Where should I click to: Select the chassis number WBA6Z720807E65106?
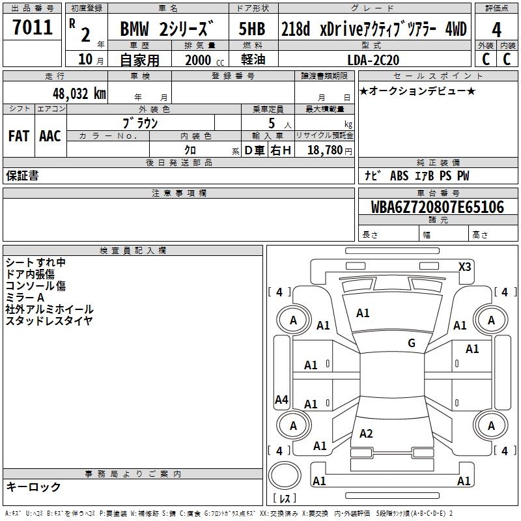(x=438, y=208)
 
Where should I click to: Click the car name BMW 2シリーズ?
(x=167, y=29)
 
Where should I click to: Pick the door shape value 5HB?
(x=252, y=29)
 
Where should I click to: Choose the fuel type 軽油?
(x=252, y=60)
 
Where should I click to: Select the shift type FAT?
(x=18, y=135)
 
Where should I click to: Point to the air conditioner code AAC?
(x=50, y=135)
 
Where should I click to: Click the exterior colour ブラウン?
(x=141, y=122)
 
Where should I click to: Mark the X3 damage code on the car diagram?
(x=465, y=266)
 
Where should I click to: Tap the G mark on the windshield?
(x=412, y=343)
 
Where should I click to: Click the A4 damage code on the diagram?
(x=281, y=400)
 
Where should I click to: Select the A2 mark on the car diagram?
(x=366, y=434)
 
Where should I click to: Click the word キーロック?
(x=33, y=487)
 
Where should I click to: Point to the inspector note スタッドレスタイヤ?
(x=49, y=320)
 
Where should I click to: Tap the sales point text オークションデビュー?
(x=417, y=91)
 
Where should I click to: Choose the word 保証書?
(x=22, y=176)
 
